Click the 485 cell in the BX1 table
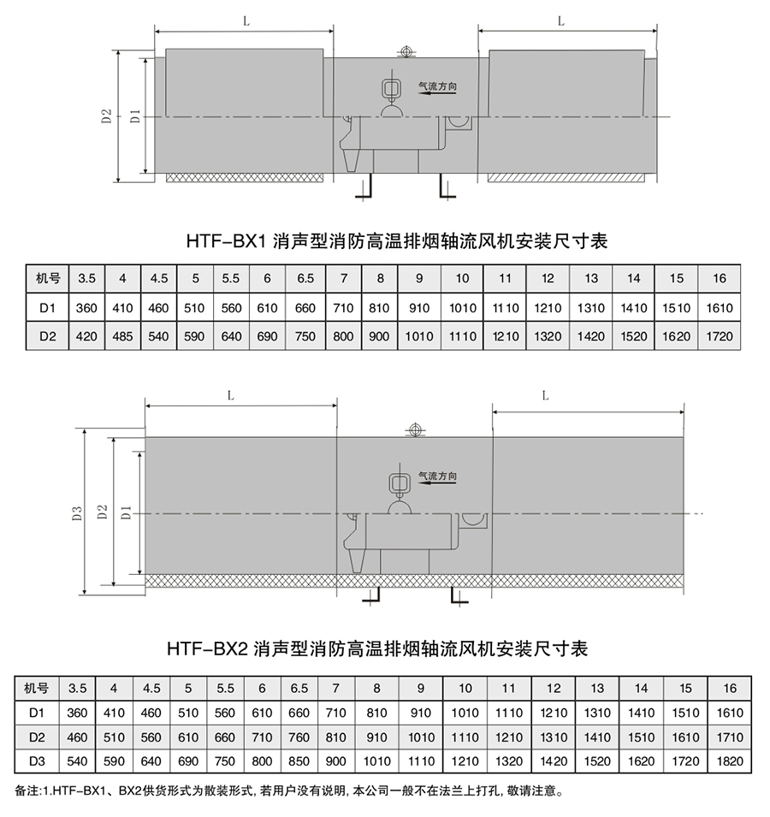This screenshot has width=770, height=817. coord(123,336)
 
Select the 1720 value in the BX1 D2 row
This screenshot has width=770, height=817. coord(720,336)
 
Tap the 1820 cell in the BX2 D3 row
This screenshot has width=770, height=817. coord(730,760)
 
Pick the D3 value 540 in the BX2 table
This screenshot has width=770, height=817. coord(78,760)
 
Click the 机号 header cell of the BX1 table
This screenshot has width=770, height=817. coord(48,278)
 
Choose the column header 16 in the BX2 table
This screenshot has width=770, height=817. coord(730,688)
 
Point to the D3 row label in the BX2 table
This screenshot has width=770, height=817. coord(37,760)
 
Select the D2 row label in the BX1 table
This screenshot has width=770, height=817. coord(48,336)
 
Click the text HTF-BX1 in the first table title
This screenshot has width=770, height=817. coord(227,242)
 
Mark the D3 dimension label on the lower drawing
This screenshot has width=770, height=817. coord(76,513)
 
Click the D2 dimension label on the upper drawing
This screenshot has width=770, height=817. coord(106,116)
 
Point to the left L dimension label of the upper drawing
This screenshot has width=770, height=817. coord(246,22)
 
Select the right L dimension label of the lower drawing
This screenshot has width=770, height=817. coord(545,395)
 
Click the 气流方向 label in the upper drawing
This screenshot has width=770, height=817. coord(437,86)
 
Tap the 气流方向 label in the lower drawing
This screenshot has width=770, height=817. coord(437,477)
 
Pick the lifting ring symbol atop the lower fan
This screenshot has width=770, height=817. coord(415,430)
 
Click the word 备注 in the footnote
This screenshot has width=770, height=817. coord(27,790)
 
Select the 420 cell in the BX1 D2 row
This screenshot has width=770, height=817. coord(86,336)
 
